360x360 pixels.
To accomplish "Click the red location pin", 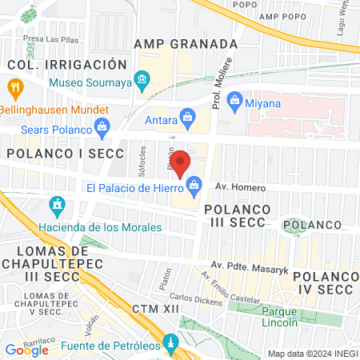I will click(181, 162).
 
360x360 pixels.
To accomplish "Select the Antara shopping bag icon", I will click(187, 118).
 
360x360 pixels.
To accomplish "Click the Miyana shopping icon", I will click(234, 100).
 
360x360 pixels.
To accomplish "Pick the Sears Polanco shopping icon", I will click(102, 126).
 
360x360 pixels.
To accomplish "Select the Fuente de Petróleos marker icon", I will click(170, 345).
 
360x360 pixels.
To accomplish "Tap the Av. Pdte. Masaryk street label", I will click(249, 265).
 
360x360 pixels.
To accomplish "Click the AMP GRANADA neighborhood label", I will click(186, 44).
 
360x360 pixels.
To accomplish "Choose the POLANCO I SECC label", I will click(65, 152).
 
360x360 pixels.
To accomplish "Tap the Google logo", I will click(26, 350).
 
